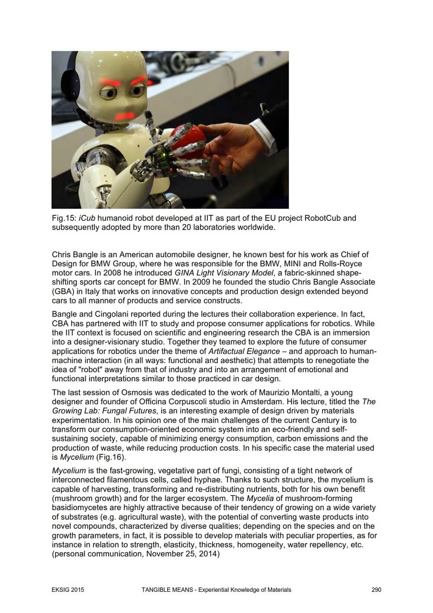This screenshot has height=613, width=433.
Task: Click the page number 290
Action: click(x=376, y=590)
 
